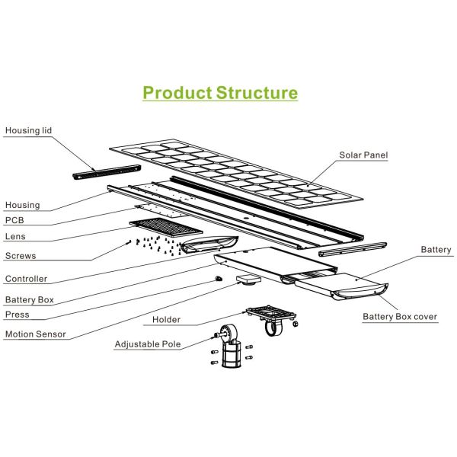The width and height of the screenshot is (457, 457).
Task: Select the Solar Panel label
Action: click(x=364, y=155)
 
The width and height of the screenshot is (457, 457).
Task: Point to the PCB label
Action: click(x=14, y=221)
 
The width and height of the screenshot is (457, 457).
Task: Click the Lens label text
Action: click(x=16, y=238)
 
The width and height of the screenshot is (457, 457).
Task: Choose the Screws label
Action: click(x=21, y=256)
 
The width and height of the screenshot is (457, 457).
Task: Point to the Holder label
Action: click(x=166, y=320)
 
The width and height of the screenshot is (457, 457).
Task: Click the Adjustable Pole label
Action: click(x=148, y=344)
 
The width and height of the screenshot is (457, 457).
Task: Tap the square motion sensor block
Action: click(x=247, y=279)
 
